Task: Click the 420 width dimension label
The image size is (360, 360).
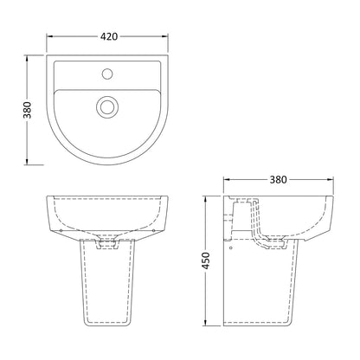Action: pyautogui.click(x=109, y=36)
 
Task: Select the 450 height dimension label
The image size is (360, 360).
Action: pyautogui.click(x=206, y=260)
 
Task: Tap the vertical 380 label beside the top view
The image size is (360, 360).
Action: pyautogui.click(x=28, y=110)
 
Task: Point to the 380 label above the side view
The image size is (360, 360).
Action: pyautogui.click(x=279, y=180)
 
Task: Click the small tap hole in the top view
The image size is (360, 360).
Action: pyautogui.click(x=107, y=74)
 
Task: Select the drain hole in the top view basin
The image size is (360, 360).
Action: pyautogui.click(x=107, y=106)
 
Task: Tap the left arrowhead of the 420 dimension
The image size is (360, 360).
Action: pyautogui.click(x=50, y=36)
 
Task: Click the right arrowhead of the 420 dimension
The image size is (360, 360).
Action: pyautogui.click(x=164, y=36)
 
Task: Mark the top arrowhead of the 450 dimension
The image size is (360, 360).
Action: pyautogui.click(x=205, y=200)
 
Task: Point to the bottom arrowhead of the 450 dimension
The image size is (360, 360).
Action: pyautogui.click(x=205, y=322)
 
